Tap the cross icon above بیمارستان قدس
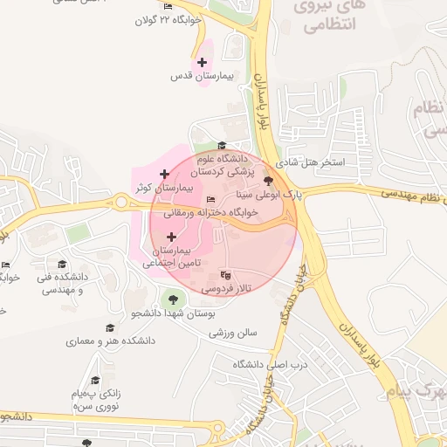click(x=203, y=62)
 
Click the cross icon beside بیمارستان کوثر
click(x=164, y=175)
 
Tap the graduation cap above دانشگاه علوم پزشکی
click(x=222, y=146)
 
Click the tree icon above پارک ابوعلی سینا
click(x=267, y=179)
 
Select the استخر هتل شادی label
click(x=310, y=163)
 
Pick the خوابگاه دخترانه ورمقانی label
click(x=228, y=213)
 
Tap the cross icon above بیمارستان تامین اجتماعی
click(x=170, y=237)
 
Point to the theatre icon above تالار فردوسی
click(x=226, y=273)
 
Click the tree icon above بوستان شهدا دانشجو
click(x=162, y=300)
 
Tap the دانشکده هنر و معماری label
click(x=110, y=341)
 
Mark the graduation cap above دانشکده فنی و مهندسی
click(x=61, y=264)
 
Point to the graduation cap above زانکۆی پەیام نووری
click(x=95, y=380)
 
